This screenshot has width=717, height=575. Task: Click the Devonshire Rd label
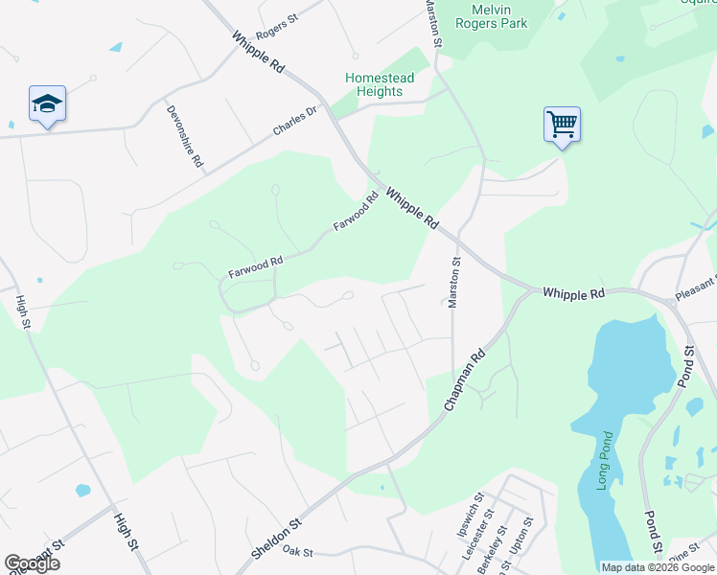[x=185, y=136]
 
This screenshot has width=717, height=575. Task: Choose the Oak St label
[x=299, y=551]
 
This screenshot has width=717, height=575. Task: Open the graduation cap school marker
[x=47, y=103]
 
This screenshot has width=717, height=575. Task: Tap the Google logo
[x=32, y=563]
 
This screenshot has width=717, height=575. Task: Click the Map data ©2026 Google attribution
[x=657, y=567]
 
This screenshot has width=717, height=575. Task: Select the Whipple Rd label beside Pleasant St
[x=573, y=292]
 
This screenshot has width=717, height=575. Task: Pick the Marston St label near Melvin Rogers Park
[x=433, y=24]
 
